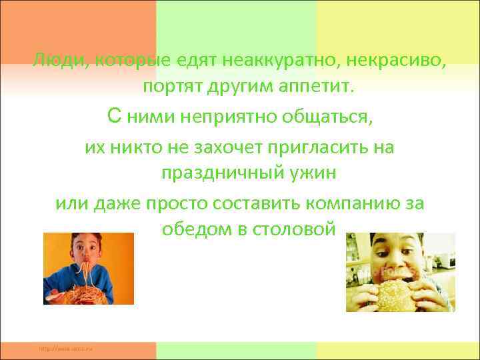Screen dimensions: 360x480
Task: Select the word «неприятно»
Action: pyautogui.click(x=227, y=117)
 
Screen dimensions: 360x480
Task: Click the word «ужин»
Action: pyautogui.click(x=313, y=174)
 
